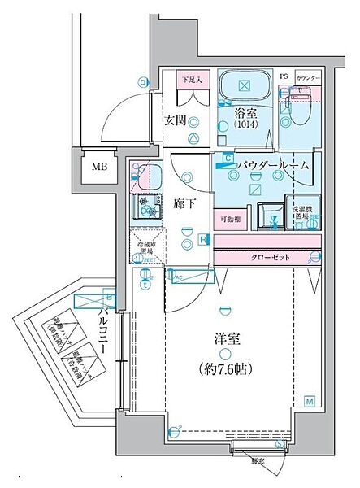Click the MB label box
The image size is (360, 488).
click(98, 168)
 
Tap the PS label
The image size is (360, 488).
click(284, 78)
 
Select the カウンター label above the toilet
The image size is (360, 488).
click(308, 78)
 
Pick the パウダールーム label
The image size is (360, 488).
click(273, 165)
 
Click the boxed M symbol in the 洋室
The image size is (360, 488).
click(310, 401)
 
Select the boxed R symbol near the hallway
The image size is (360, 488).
click(202, 240)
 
